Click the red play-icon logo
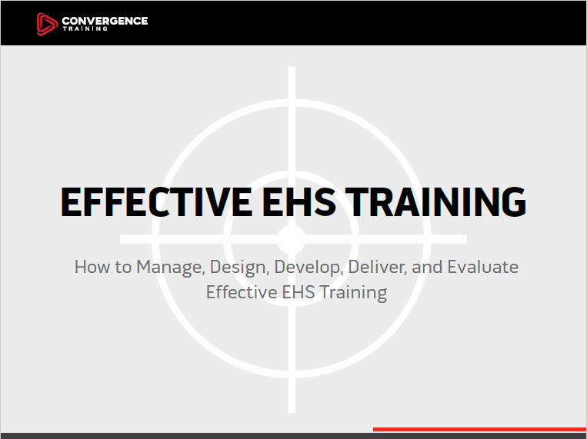(x=47, y=24)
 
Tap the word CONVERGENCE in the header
(x=105, y=21)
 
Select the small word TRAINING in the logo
(x=85, y=28)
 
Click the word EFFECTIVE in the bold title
(x=156, y=202)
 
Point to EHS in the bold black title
(x=299, y=202)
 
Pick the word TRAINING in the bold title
(x=435, y=202)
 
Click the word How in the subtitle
(x=90, y=268)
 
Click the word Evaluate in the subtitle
(x=483, y=268)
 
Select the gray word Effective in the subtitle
(x=242, y=292)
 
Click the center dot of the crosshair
(x=292, y=239)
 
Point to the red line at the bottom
(x=480, y=429)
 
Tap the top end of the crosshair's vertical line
(x=292, y=67)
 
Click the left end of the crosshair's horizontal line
(x=121, y=239)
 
